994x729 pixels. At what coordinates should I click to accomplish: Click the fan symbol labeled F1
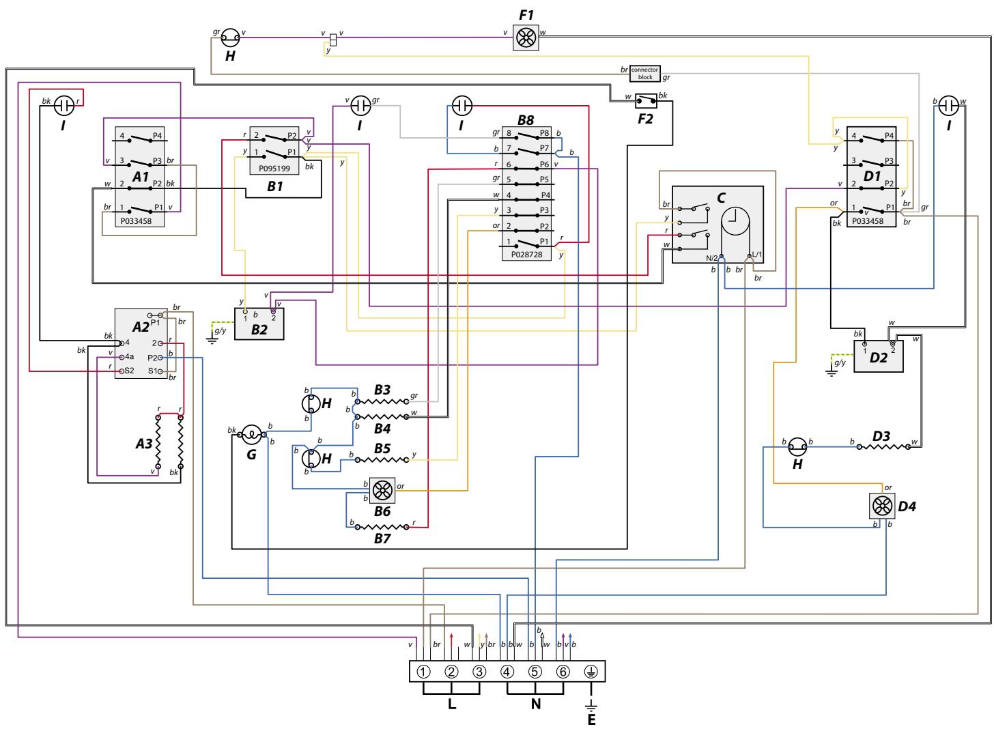526,38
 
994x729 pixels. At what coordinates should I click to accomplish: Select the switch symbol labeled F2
645,100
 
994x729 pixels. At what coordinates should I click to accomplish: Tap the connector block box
645,74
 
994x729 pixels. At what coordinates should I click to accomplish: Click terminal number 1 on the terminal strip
423,671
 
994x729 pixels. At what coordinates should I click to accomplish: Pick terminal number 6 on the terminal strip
563,671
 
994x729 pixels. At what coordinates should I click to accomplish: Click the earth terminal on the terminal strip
591,671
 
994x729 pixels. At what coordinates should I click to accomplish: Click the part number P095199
274,167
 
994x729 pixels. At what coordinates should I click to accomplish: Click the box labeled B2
259,324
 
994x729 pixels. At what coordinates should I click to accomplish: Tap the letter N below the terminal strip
535,704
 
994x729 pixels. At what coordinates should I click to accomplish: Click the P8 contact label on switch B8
544,133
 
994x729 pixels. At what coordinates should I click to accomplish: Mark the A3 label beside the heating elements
143,444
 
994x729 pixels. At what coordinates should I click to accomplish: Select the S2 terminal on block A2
128,371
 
